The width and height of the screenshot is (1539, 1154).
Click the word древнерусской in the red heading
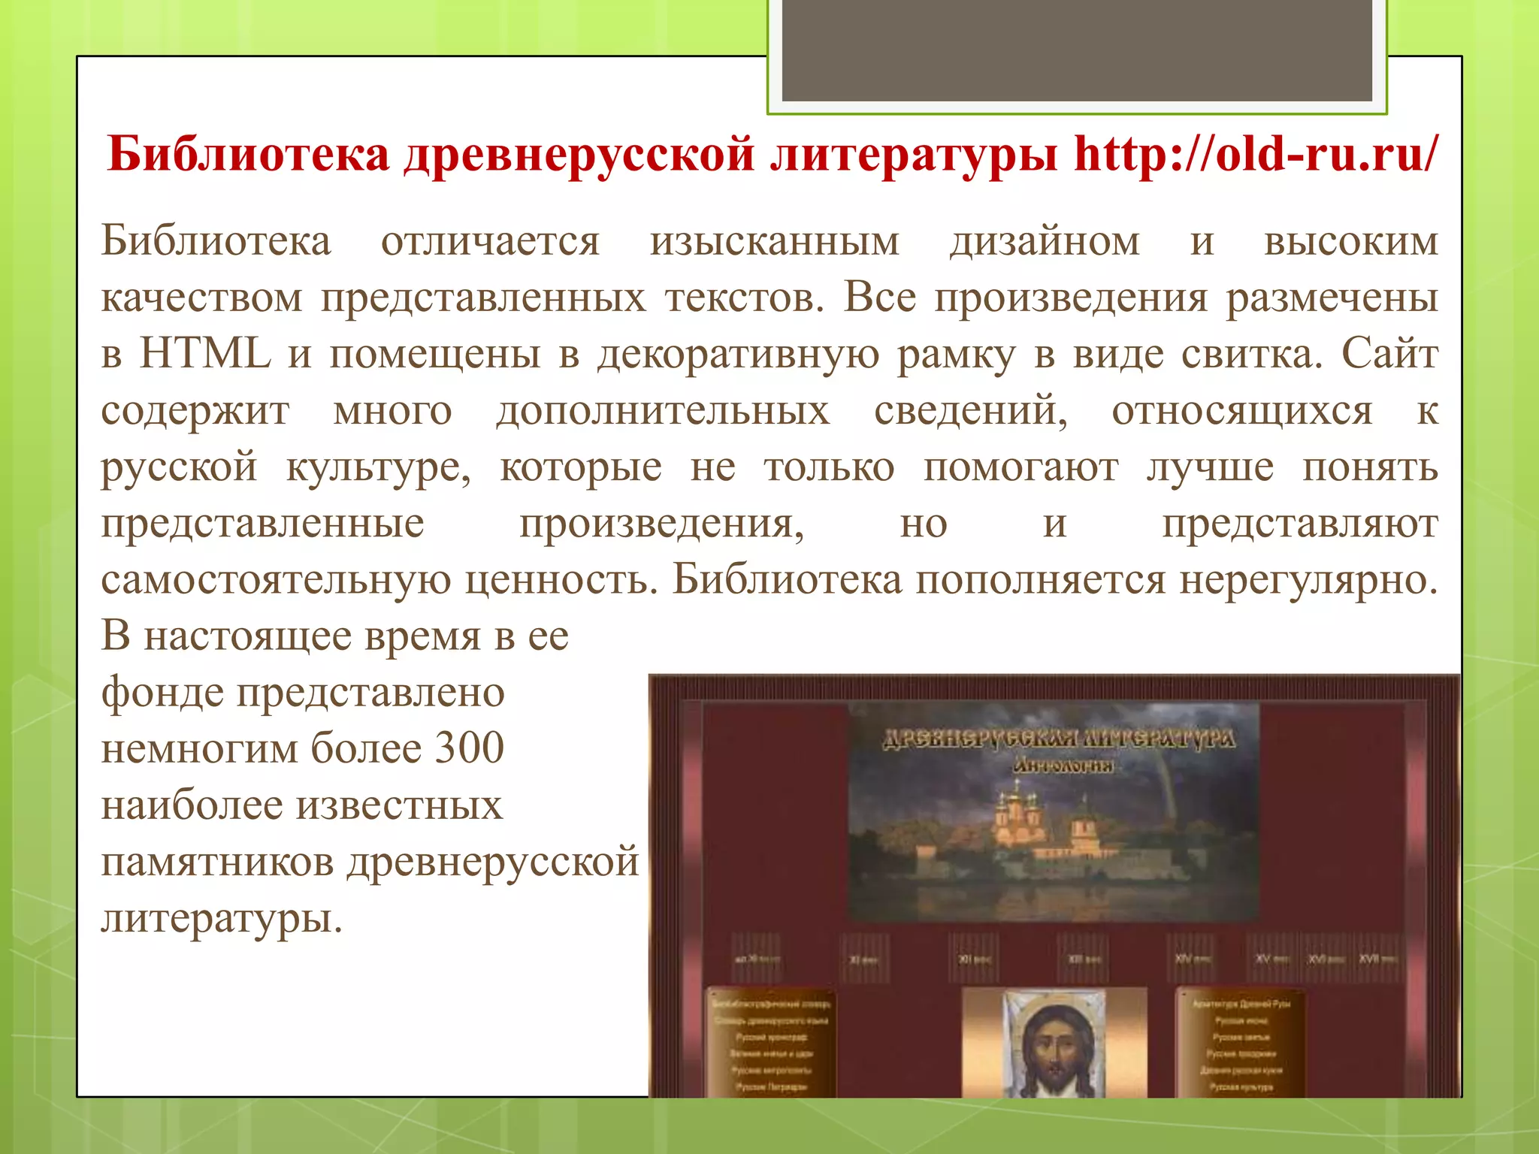[x=579, y=154]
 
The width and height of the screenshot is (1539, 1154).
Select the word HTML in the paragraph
[x=205, y=354]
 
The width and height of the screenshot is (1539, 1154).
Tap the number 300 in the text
[x=470, y=748]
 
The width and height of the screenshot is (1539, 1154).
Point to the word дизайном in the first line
[x=1045, y=242]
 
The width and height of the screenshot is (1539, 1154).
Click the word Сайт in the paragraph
[x=1390, y=354]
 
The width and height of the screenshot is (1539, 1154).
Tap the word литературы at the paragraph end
[x=222, y=918]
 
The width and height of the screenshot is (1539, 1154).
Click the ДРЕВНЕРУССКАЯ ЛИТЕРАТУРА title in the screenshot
[x=1059, y=739]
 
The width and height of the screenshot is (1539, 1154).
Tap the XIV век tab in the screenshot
[x=1193, y=959]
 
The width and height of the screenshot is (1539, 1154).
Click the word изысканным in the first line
[x=774, y=242]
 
